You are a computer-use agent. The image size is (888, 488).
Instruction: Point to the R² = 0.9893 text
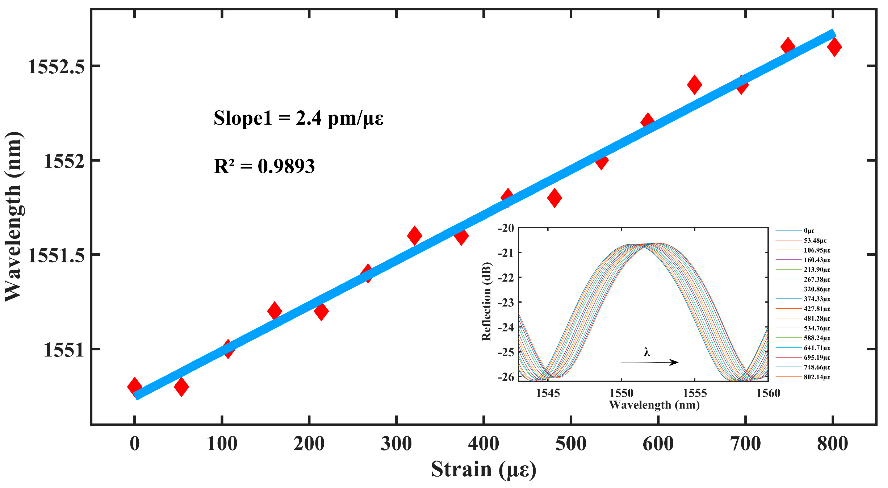pyautogui.click(x=264, y=166)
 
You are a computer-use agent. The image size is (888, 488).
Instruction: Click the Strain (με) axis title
pyautogui.click(x=483, y=469)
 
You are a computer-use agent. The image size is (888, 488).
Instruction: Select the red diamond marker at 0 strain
pyautogui.click(x=134, y=386)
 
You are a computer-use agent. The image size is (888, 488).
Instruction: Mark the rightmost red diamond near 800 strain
pyautogui.click(x=834, y=47)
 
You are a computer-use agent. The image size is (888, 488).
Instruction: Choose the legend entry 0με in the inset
pyautogui.click(x=809, y=231)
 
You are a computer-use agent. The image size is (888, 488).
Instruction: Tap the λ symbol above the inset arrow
pyautogui.click(x=647, y=352)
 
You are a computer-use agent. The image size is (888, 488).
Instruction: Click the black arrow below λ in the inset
pyautogui.click(x=649, y=362)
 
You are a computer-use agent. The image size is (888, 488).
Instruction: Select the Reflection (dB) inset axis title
pyautogui.click(x=486, y=301)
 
